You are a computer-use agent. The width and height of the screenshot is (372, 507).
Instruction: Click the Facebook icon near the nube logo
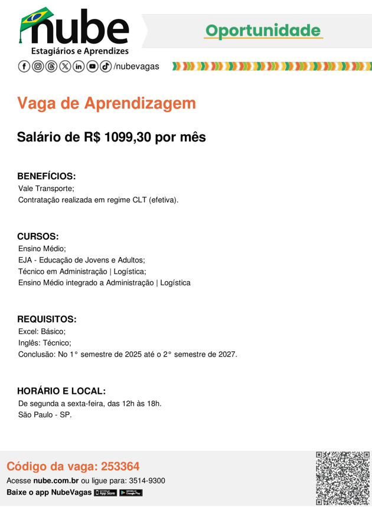coord(24,67)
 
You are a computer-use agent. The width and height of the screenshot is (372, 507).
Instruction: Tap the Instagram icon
coord(38,67)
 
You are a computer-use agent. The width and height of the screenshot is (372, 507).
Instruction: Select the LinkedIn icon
coord(79,67)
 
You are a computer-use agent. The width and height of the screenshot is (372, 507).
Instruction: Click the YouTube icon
coord(92,67)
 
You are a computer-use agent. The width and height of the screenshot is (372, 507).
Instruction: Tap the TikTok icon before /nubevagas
coord(106,67)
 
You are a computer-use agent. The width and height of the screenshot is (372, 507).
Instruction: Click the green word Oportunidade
coord(263,31)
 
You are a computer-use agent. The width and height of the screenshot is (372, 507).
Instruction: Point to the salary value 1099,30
coord(132,137)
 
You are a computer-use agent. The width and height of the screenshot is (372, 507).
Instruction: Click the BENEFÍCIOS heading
coord(47,176)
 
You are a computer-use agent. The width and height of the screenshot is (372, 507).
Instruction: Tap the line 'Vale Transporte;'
coord(46,189)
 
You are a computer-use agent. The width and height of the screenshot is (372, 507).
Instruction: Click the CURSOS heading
coord(38,236)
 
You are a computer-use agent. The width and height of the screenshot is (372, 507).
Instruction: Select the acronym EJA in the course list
coord(25,260)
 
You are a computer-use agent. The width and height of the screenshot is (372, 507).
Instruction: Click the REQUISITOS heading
coord(47,320)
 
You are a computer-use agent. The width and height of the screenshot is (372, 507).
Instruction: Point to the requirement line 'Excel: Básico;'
coord(42,331)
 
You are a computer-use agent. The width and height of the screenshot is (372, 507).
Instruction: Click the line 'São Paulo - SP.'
coord(45,415)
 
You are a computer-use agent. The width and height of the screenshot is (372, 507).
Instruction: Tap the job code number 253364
coord(120,466)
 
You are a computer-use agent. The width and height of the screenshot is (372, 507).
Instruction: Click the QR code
coord(342,478)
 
